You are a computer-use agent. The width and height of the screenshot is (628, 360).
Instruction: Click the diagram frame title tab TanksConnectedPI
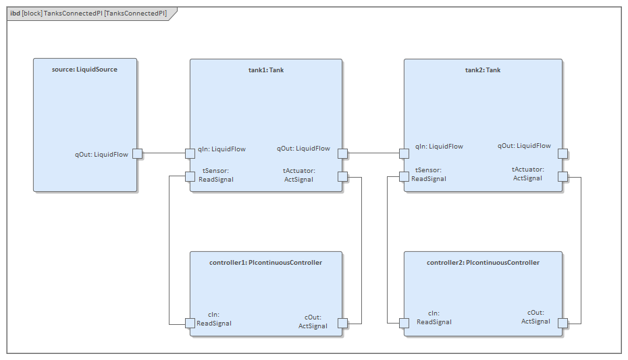[88, 13]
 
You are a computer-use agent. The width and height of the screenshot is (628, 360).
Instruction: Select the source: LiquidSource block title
[84, 69]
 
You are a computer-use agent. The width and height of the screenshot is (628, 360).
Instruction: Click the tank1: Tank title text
[265, 70]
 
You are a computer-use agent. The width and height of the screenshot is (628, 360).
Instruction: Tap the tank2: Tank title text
[483, 70]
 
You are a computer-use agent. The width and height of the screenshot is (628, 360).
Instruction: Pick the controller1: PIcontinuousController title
[265, 262]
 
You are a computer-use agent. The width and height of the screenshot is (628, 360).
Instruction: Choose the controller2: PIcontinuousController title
[483, 262]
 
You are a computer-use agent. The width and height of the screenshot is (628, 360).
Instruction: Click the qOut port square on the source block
[137, 153]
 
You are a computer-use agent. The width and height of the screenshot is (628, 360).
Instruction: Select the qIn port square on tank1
[190, 153]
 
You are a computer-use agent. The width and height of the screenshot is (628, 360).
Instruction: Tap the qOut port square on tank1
[342, 153]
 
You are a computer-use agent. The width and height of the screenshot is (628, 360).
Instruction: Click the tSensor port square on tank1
[190, 177]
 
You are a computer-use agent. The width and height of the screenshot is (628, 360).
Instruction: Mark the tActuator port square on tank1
[342, 177]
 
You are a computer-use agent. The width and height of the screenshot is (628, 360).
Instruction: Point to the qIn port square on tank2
[404, 153]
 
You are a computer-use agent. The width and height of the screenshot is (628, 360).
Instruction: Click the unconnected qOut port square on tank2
[562, 153]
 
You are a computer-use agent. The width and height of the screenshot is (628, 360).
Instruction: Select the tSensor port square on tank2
[404, 177]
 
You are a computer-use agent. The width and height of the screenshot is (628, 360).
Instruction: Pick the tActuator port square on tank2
[562, 177]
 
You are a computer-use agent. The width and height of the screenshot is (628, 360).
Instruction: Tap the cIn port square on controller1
[190, 323]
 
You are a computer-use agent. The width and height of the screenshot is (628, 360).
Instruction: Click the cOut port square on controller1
[342, 323]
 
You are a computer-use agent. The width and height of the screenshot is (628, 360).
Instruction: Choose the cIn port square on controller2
[404, 323]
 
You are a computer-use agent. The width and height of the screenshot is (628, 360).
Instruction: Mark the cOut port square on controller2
[562, 323]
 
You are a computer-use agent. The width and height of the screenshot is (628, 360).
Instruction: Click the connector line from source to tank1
[163, 153]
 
